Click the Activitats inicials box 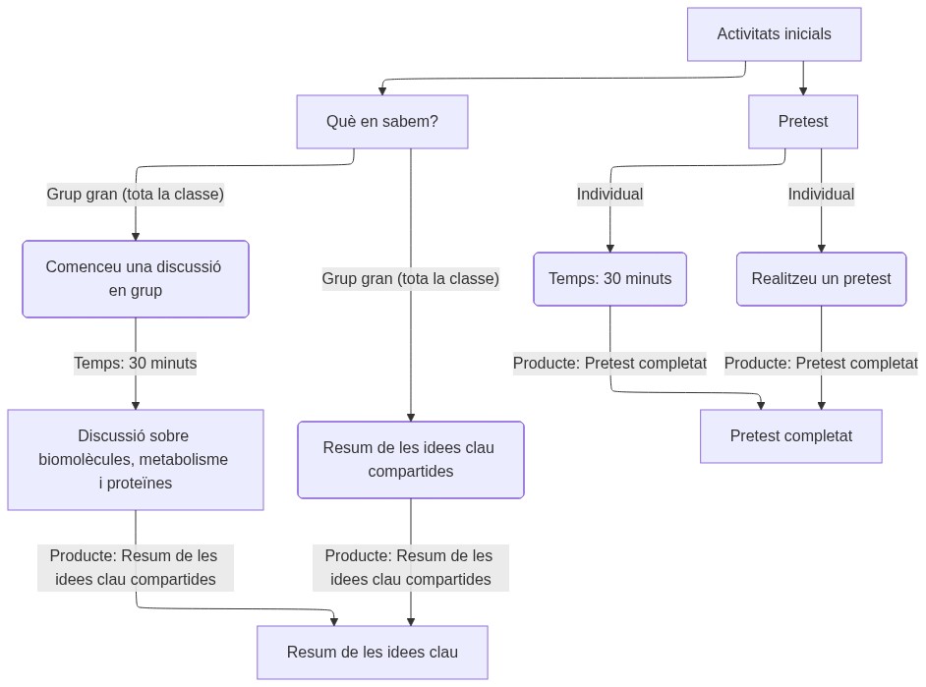pos(774,34)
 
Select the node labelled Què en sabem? pos(381,122)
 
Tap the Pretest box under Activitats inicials pos(802,122)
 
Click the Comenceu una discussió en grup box pos(135,279)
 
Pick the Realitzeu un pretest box pos(821,279)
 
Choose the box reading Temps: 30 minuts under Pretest pos(609,279)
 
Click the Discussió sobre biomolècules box pos(135,460)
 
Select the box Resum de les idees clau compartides pos(410,460)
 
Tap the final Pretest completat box pos(790,436)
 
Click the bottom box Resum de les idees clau pos(372,653)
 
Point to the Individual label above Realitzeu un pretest pos(821,195)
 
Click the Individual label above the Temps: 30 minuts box pos(609,195)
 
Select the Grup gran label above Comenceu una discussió pos(135,195)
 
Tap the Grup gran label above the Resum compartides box pos(410,279)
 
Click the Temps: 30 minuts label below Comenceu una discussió pos(135,364)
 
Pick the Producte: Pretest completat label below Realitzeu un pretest pos(821,364)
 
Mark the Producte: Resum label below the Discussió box pos(135,568)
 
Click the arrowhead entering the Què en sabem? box pos(381,90)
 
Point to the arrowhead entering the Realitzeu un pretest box pos(821,248)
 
